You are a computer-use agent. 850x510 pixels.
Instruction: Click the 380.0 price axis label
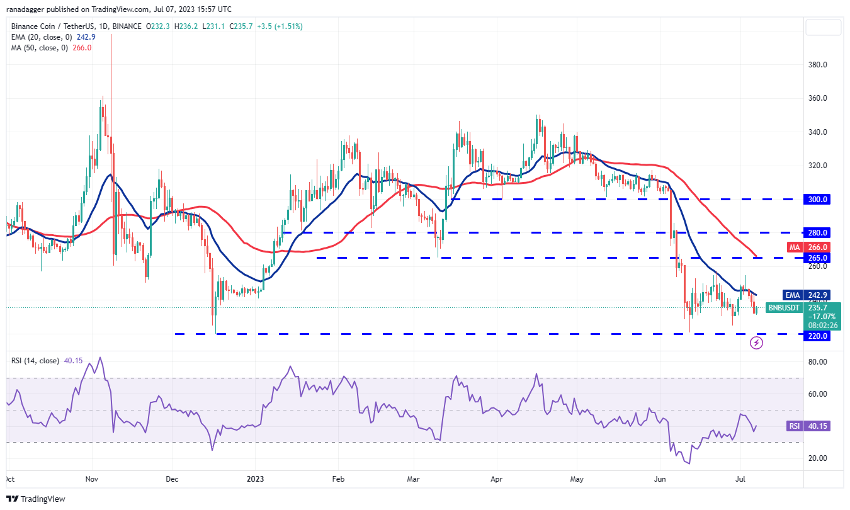[818, 65]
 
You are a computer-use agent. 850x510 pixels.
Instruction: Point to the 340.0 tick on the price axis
[818, 132]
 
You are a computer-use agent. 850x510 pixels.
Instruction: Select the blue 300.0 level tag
[818, 199]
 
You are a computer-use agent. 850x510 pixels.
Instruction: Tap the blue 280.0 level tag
[818, 232]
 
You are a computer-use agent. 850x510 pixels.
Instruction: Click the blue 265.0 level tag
[818, 258]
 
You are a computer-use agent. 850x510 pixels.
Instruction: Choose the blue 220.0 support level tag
[818, 336]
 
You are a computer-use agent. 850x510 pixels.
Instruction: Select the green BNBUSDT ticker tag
[783, 308]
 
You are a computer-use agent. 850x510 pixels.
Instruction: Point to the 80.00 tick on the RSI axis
[818, 362]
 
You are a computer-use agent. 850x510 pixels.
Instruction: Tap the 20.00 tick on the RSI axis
[818, 458]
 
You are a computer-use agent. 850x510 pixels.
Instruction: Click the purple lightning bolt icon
[757, 343]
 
